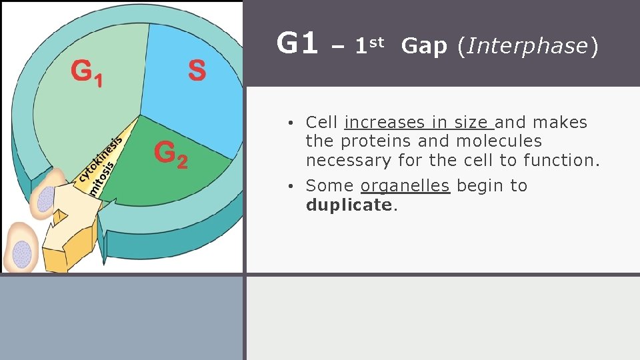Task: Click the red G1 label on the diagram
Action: (x=87, y=73)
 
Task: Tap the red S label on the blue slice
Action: (x=197, y=70)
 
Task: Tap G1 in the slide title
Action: (x=297, y=44)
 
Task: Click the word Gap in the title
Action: (x=425, y=46)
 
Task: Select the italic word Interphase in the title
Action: (x=527, y=46)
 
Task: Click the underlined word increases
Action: (x=375, y=123)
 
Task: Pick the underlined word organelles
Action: (x=405, y=186)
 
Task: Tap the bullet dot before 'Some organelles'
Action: (x=293, y=187)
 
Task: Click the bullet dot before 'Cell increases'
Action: (x=293, y=123)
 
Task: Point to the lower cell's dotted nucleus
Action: (x=22, y=254)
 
